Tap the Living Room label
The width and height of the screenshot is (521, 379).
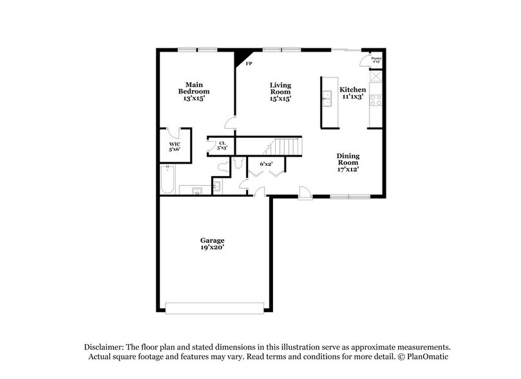click(280, 92)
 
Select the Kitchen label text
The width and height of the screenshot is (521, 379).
click(353, 90)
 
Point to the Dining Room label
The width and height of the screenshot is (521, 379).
click(348, 162)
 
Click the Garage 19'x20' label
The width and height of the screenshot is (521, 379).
click(212, 244)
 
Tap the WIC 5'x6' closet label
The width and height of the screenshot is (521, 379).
click(175, 146)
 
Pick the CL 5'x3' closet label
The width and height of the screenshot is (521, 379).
click(222, 146)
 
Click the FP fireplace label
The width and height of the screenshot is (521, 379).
click(249, 64)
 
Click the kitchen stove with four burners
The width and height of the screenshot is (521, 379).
click(375, 100)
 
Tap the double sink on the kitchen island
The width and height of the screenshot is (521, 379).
click(327, 98)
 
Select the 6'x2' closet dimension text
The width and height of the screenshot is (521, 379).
click(266, 164)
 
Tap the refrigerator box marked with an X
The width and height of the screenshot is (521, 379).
click(376, 75)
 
